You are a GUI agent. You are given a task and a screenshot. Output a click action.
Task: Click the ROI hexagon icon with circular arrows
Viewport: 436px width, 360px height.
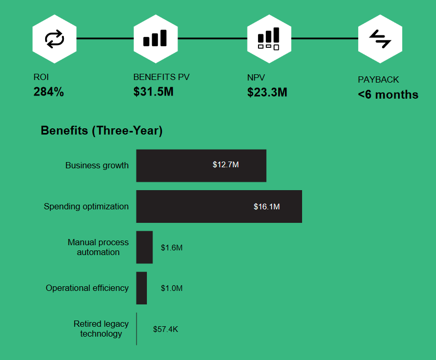[x=54, y=38]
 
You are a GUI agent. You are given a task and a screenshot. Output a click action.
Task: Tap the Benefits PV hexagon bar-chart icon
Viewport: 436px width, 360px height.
[x=155, y=38]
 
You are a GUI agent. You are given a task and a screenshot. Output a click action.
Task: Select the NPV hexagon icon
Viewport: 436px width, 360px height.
[x=269, y=38]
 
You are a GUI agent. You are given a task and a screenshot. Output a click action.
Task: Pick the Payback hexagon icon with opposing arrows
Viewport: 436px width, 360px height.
[x=380, y=38]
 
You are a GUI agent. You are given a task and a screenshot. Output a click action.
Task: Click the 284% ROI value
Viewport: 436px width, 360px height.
[x=49, y=92]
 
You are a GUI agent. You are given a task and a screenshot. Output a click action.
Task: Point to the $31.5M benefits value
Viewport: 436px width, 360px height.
[x=153, y=92]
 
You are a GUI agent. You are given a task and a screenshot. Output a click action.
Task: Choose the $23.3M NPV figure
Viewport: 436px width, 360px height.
[x=267, y=92]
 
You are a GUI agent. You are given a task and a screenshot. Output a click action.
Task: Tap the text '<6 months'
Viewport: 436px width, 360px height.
[x=388, y=95]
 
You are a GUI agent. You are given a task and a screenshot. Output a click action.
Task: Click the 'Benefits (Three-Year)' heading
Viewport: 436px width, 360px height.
[x=102, y=131]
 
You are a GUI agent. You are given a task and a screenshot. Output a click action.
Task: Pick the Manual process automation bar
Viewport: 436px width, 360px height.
[x=144, y=247]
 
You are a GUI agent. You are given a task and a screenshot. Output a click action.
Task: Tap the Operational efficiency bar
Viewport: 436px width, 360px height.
[x=142, y=288]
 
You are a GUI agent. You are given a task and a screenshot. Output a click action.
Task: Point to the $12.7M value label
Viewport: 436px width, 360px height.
[x=226, y=165]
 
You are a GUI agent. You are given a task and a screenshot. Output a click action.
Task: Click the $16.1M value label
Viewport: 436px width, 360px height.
[x=267, y=207]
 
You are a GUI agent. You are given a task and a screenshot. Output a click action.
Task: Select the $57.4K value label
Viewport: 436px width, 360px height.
[x=166, y=329]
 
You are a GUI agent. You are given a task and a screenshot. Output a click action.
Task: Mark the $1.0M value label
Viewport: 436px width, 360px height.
[x=172, y=288]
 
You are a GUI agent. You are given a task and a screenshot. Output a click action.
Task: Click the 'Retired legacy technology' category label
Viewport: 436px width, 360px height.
[x=101, y=329]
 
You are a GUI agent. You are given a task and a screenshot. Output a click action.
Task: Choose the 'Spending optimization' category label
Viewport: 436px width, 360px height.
[x=86, y=206]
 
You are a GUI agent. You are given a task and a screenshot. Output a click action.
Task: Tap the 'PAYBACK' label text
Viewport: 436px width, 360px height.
[x=378, y=80]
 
